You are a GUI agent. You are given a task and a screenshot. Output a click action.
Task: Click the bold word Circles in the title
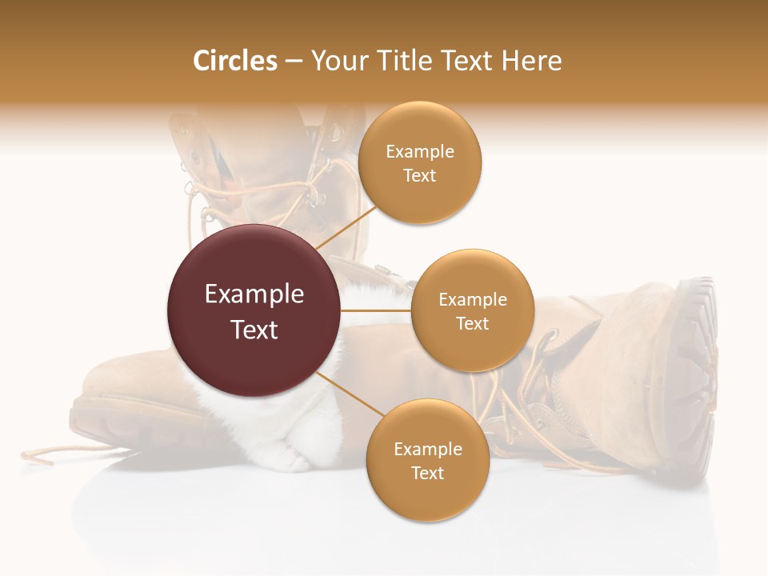point(235,61)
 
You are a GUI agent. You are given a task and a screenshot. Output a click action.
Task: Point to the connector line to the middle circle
point(376,310)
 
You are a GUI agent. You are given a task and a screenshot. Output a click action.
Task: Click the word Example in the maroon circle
point(254,294)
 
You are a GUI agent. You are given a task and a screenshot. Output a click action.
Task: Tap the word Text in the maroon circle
point(254,330)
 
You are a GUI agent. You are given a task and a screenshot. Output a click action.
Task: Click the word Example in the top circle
point(419,151)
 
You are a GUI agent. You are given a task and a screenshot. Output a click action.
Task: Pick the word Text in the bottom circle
point(427,473)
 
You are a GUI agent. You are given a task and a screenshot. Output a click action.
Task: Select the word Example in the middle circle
point(472,300)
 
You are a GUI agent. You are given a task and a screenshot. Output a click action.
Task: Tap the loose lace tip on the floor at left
point(36,457)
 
